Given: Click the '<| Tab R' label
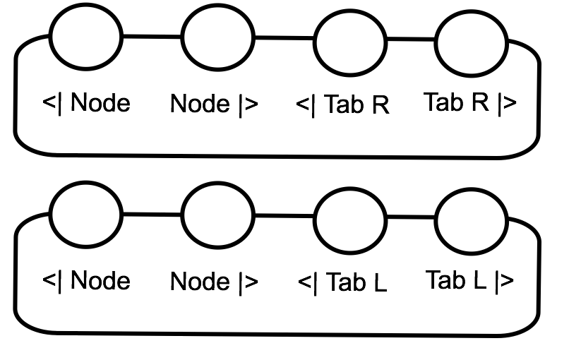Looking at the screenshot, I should click(342, 105).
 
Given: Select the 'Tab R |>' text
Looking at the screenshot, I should click(469, 103).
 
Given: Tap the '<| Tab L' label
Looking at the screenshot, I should click(342, 283).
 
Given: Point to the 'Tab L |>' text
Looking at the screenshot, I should click(469, 281).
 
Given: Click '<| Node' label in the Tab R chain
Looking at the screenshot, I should click(87, 103).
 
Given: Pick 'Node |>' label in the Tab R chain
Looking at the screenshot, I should click(214, 105).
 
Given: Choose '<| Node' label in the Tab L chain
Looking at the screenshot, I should click(87, 281).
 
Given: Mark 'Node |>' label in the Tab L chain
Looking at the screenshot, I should click(214, 283).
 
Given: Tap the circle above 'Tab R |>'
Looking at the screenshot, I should click(470, 40).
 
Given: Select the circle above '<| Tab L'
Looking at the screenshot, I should click(349, 218).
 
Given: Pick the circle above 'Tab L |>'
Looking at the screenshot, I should click(470, 218).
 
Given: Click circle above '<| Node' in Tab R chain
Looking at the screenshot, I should click(87, 35).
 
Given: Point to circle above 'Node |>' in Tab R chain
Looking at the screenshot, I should click(217, 37).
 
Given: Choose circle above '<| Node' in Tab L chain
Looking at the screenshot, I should click(87, 213).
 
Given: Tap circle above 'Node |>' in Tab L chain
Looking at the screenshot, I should click(217, 215).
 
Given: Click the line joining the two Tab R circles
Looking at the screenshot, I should click(409, 40).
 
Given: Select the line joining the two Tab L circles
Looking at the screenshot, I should click(409, 217).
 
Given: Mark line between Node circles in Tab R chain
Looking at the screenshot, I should click(152, 35).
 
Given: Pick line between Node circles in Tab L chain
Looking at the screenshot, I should click(152, 213).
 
